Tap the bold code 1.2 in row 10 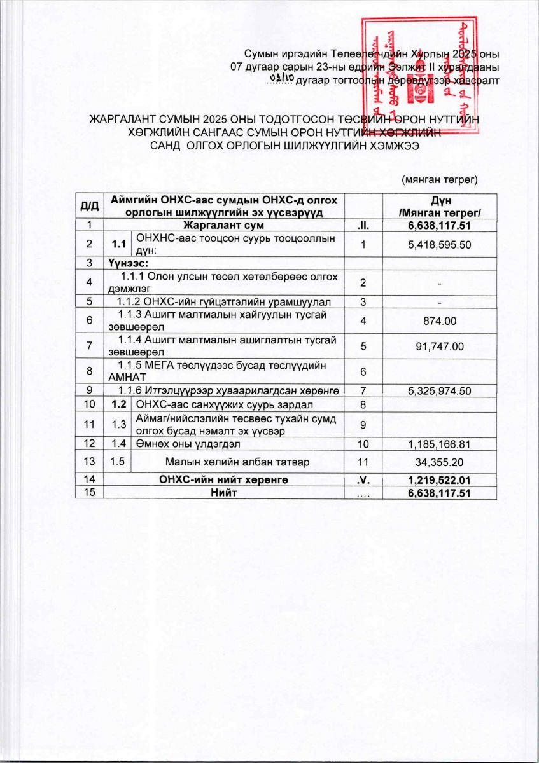pyautogui.click(x=118, y=405)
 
